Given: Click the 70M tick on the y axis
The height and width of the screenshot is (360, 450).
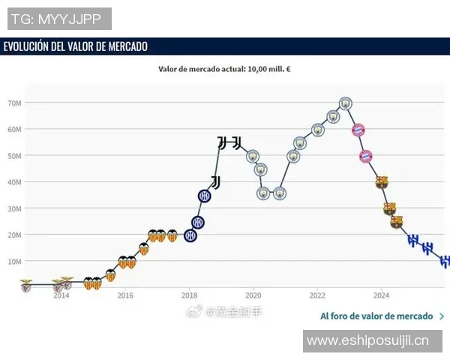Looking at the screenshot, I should (14, 103).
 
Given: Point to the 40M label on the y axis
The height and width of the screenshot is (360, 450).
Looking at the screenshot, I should (14, 182).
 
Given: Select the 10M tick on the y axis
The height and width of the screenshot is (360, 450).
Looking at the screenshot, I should (14, 261).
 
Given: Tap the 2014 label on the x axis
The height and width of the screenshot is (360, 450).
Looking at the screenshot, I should (61, 295).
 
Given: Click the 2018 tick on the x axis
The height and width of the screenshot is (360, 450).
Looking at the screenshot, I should (190, 295).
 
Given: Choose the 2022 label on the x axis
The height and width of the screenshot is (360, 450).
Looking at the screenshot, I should (317, 295).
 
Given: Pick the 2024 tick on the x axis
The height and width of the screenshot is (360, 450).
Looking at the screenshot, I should (381, 295).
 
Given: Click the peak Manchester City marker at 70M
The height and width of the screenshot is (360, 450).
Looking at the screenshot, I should (345, 103).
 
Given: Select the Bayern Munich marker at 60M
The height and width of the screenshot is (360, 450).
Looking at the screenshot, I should (358, 130).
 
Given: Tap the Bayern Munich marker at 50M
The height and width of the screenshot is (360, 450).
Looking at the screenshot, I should (366, 156).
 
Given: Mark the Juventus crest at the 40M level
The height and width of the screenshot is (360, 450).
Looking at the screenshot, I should (215, 182).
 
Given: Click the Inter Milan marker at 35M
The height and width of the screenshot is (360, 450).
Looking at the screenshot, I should (205, 196).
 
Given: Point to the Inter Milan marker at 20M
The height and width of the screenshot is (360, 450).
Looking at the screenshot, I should (190, 235).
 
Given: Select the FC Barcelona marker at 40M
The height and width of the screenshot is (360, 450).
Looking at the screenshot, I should (382, 182).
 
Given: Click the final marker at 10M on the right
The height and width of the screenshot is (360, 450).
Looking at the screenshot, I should (445, 261).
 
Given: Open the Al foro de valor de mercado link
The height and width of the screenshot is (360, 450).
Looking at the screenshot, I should (376, 316).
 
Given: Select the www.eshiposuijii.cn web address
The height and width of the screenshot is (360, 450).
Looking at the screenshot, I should (368, 340).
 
